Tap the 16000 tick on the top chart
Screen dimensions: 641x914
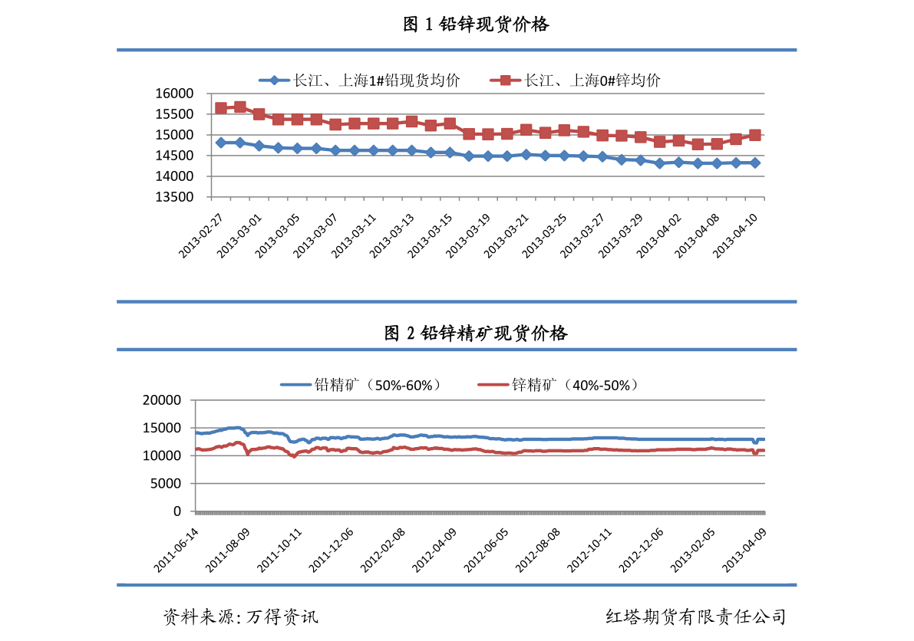point(174,94)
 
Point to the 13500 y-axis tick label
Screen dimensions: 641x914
point(174,197)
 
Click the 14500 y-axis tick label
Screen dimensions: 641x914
point(174,156)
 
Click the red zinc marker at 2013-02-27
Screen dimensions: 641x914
point(221,108)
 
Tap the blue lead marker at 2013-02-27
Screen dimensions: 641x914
point(221,143)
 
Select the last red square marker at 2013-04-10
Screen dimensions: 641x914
point(755,135)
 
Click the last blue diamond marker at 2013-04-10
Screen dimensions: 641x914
point(755,163)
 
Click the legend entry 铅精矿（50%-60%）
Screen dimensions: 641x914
point(361,385)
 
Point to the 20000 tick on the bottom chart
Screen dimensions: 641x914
point(163,400)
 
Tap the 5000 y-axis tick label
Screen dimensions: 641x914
point(167,484)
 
